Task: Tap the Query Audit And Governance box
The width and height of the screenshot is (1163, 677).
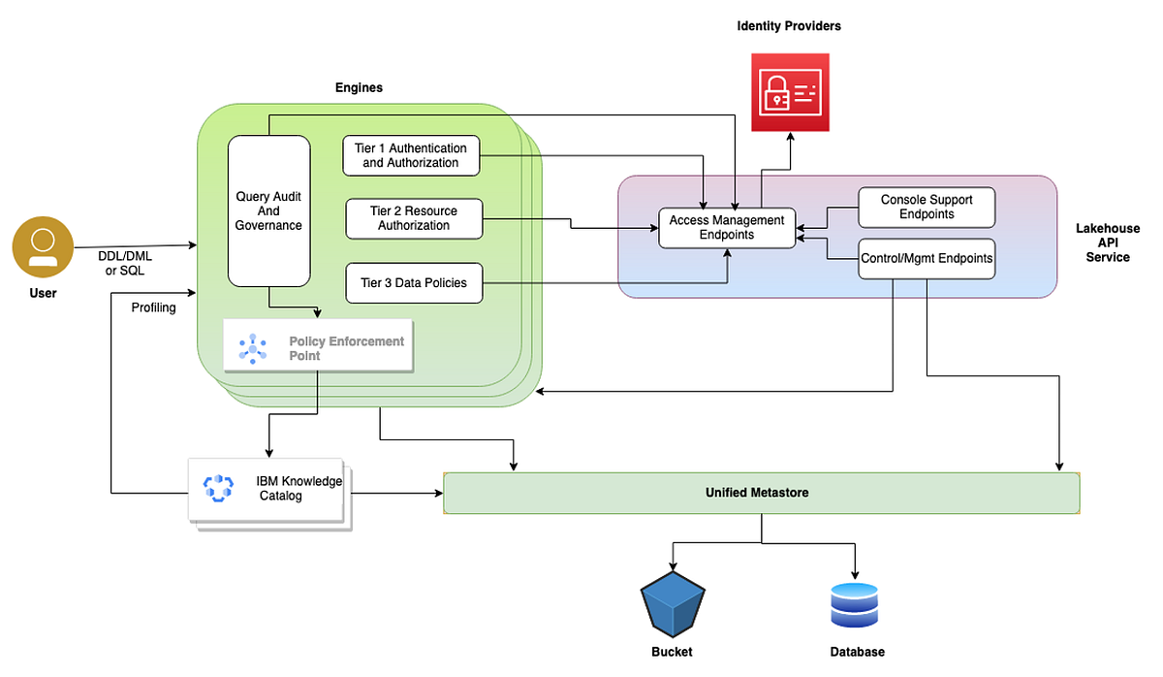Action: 268,211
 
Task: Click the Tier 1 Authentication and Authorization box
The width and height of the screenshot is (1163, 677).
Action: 412,155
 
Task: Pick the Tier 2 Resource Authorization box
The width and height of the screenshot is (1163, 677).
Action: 414,218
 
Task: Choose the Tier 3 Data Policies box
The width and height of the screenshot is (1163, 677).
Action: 414,283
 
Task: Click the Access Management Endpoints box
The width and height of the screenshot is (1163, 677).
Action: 727,228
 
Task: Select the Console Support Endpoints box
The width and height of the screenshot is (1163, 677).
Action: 927,207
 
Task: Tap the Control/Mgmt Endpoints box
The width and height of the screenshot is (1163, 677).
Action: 927,259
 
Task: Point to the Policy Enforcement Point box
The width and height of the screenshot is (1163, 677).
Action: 318,345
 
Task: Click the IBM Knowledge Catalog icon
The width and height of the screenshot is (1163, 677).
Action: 219,488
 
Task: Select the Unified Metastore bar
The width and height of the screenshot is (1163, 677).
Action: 761,493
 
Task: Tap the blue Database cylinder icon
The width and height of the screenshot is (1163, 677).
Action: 854,604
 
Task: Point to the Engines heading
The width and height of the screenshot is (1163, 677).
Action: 359,87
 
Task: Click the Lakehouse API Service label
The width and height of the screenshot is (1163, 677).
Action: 1108,243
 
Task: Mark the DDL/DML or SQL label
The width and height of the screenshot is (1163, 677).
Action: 125,263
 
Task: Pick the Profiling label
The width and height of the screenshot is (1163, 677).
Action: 153,307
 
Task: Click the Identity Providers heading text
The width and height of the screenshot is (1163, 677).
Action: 789,26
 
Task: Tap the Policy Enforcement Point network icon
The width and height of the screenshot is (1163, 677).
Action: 253,346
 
